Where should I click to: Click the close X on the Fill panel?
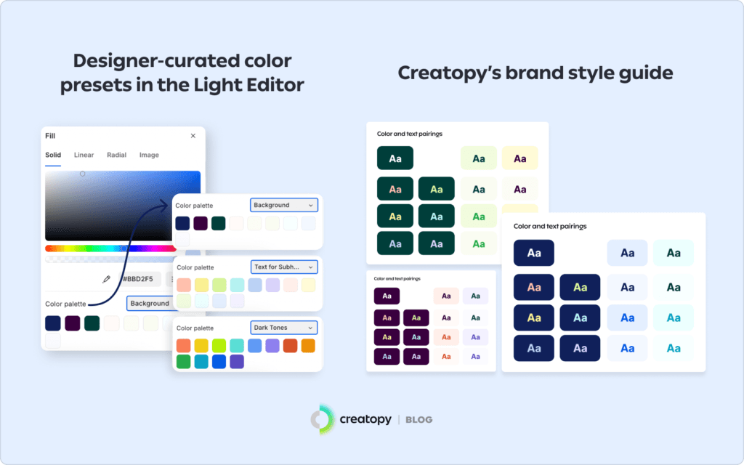193,136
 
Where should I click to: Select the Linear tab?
84,155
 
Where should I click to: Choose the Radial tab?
116,155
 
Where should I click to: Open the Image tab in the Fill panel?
149,155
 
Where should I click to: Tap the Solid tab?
53,155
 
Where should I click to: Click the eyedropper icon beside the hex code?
106,279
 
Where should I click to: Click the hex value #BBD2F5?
137,279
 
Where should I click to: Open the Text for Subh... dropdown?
284,267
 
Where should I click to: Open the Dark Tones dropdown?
284,328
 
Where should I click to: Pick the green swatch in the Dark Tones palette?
184,361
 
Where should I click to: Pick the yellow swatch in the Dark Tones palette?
201,346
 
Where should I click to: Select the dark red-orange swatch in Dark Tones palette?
290,346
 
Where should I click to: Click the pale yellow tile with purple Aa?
519,158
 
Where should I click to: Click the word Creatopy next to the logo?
365,420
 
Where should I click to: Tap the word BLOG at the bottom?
418,420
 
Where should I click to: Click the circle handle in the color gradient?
82,174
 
